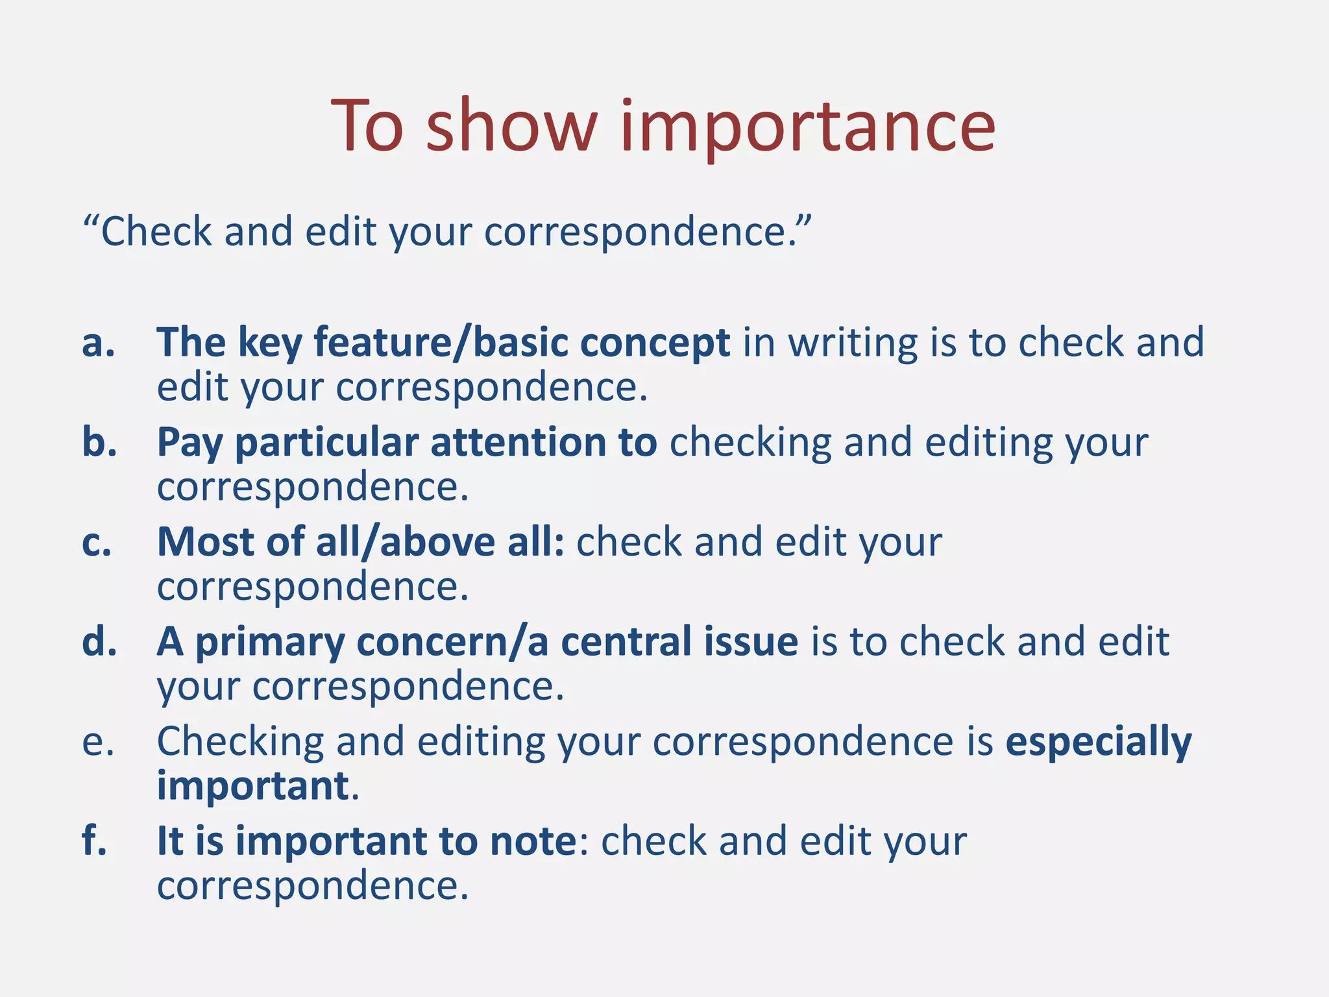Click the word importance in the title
[807, 127]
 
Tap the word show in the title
[511, 127]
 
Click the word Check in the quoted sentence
[156, 232]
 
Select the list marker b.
[99, 443]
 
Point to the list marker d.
[99, 642]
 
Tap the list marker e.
[98, 742]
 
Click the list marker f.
[95, 841]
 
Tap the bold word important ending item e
[253, 786]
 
